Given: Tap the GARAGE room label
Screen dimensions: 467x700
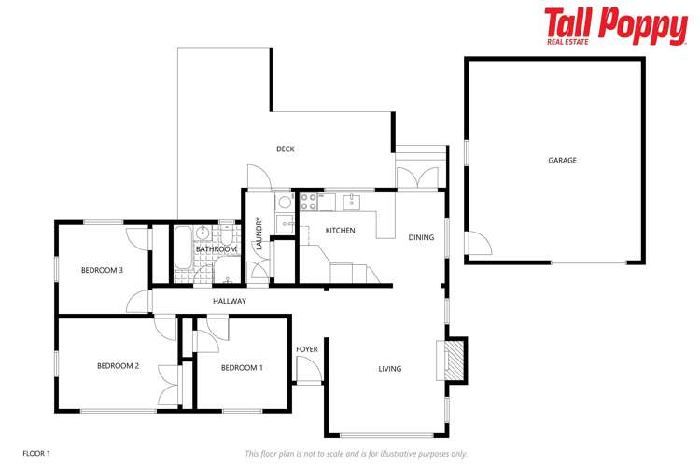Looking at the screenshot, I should (562, 161).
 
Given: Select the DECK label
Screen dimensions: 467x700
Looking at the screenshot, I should (286, 149).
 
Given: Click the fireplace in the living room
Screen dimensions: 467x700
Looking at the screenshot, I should (454, 360).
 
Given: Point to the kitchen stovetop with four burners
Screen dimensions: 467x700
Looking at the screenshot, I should (309, 204).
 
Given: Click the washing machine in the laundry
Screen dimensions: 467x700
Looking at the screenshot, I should (285, 202).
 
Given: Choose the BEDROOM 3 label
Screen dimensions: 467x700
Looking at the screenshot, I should (102, 270).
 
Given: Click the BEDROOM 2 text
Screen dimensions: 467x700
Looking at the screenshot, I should (118, 366).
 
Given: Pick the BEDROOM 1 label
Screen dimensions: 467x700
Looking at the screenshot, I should (242, 368).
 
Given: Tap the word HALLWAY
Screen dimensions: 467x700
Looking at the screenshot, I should (230, 301).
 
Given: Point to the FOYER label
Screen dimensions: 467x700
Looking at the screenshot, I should (307, 349).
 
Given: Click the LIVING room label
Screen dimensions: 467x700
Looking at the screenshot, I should (390, 369).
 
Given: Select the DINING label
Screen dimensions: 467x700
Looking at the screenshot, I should (421, 237).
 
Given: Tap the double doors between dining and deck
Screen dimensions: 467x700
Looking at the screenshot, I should (416, 177).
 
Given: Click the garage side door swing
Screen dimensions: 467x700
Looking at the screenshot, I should (477, 244).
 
